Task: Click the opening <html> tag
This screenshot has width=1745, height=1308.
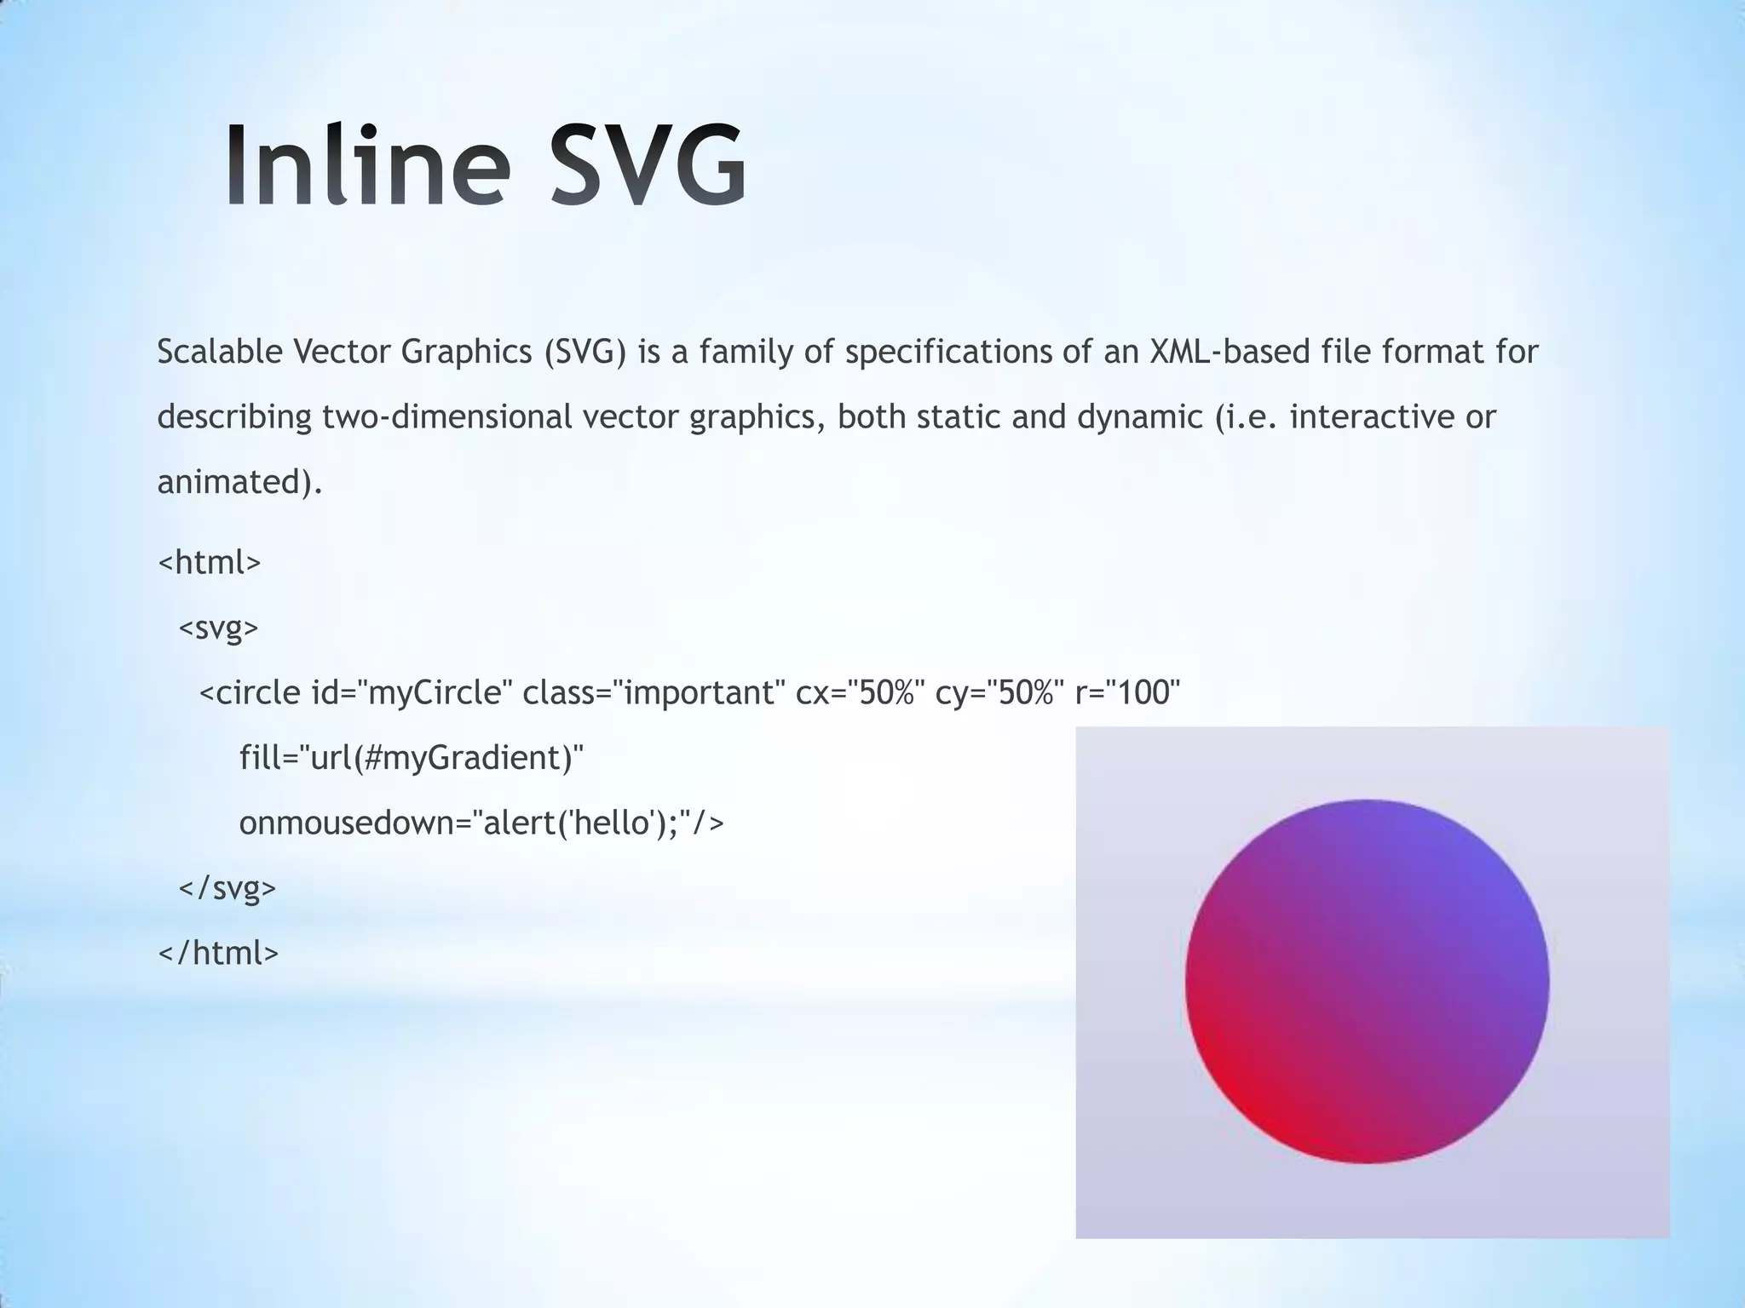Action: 210,563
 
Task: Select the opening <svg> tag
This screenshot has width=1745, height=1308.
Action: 218,628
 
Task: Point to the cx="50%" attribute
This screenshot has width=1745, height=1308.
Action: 861,693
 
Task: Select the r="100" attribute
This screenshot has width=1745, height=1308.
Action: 1128,693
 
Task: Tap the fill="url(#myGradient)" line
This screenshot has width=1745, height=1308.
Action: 412,758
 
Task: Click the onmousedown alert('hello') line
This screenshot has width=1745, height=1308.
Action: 481,823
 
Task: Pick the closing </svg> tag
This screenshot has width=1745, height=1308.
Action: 227,888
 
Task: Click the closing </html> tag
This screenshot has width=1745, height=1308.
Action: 219,953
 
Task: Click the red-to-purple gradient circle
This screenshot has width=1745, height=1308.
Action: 1367,982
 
